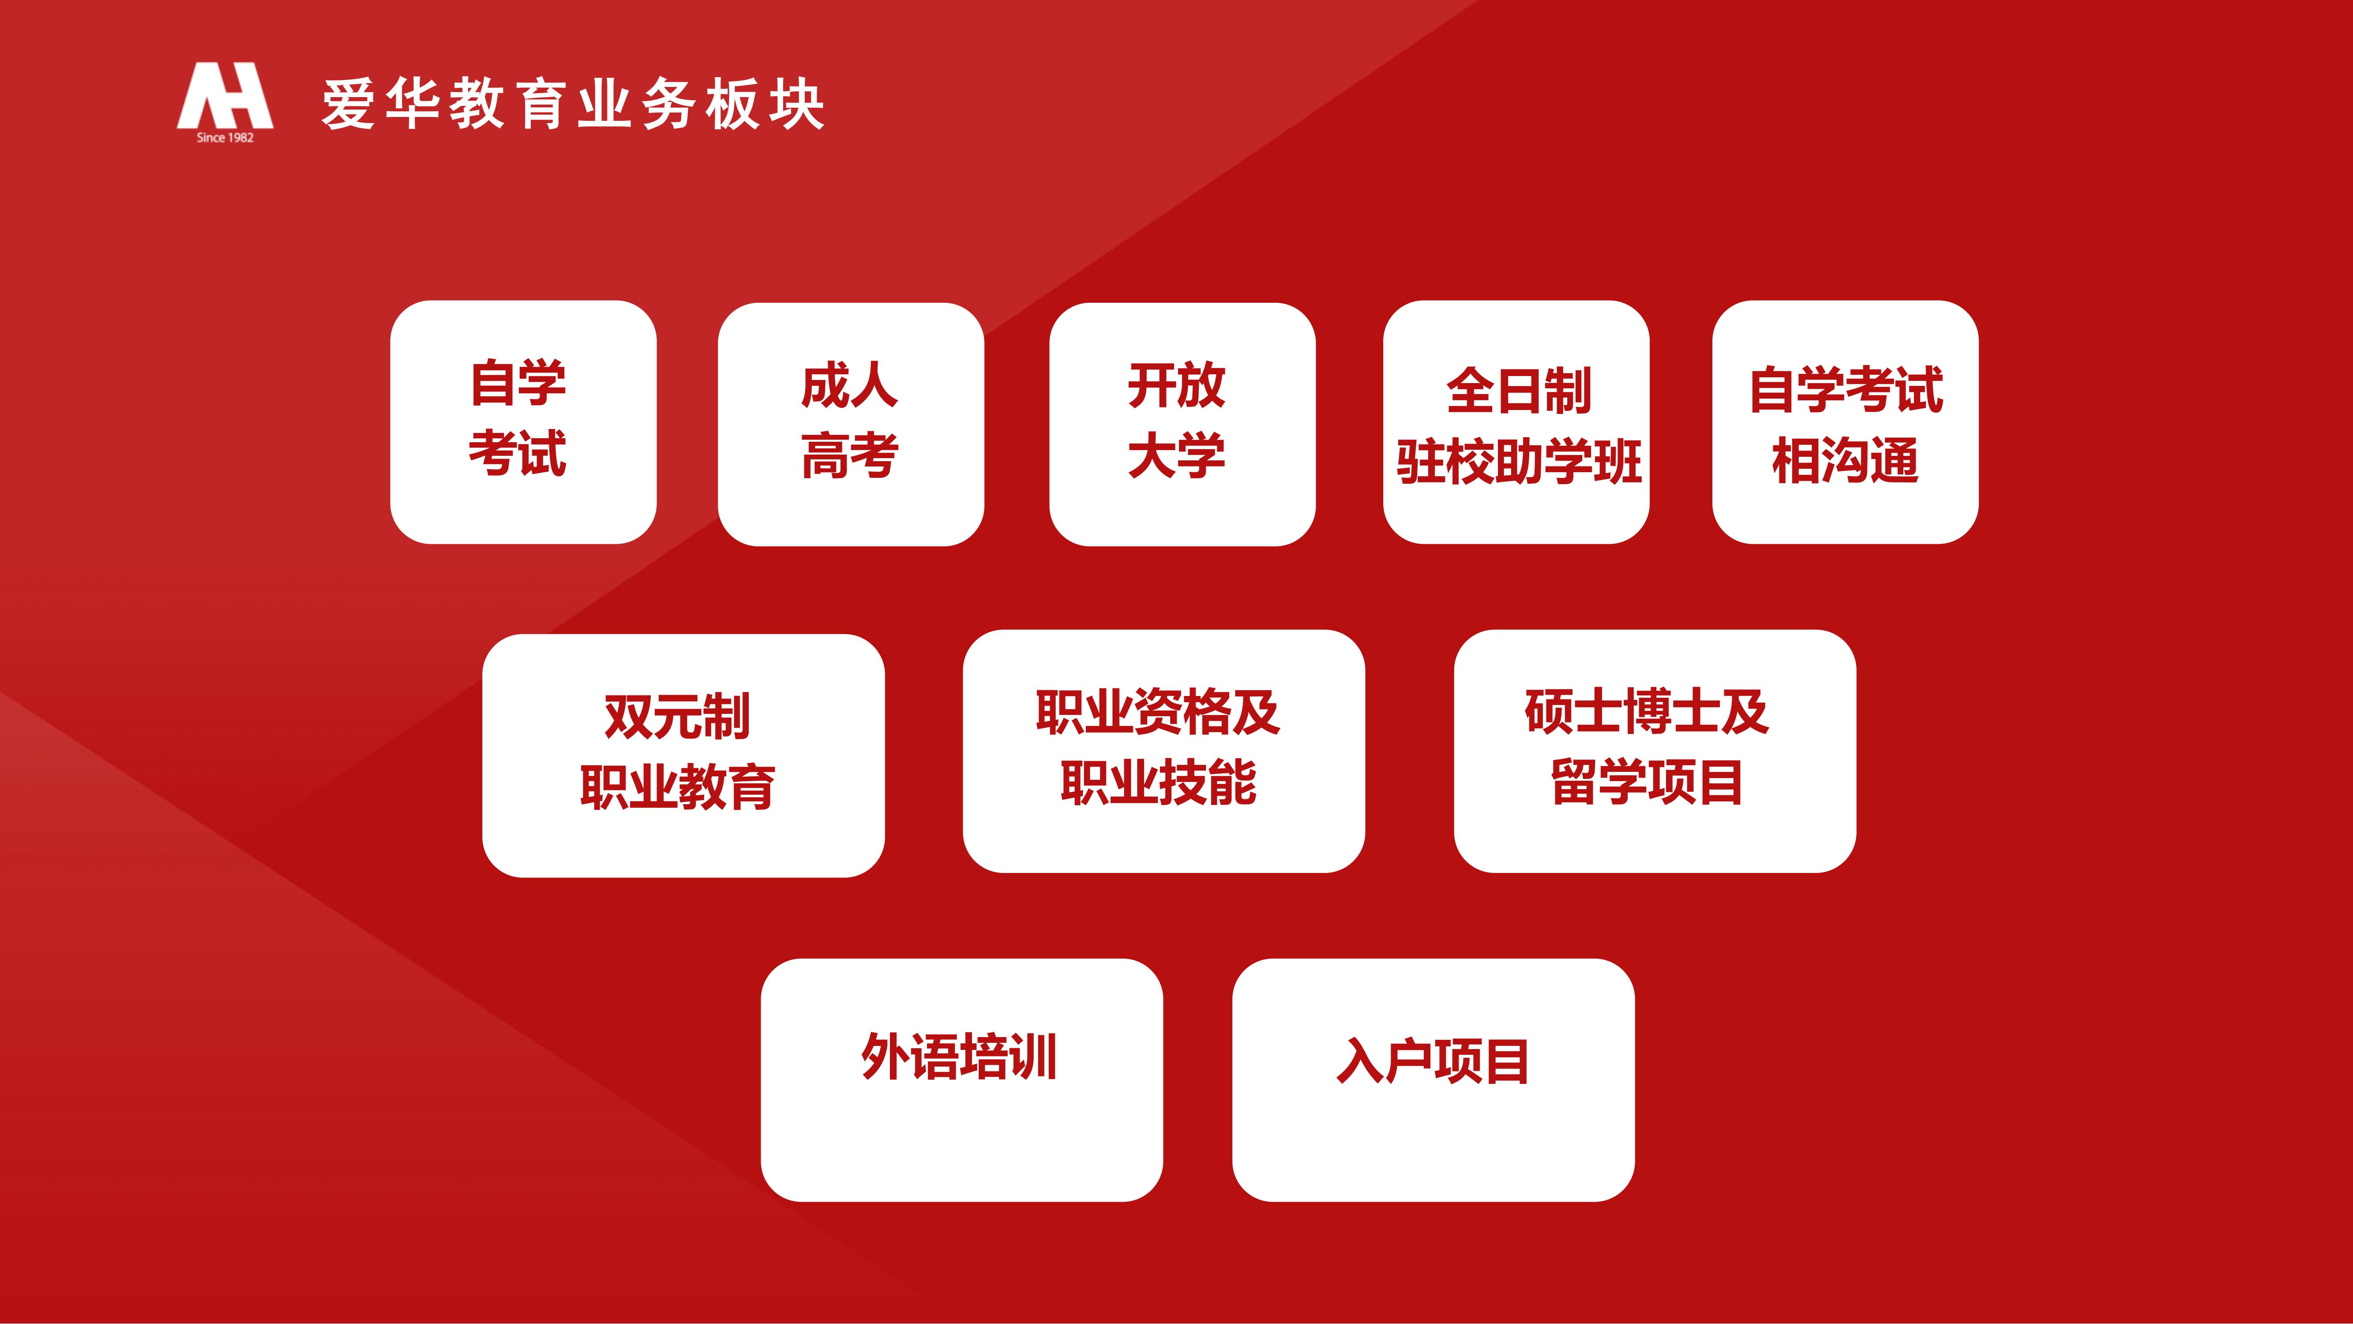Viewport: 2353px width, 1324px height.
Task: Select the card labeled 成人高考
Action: coord(850,424)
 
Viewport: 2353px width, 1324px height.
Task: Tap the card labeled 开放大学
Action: coord(1182,424)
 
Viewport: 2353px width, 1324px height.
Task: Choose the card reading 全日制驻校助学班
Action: coord(1516,422)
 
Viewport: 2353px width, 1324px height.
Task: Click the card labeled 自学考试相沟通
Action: coord(1845,422)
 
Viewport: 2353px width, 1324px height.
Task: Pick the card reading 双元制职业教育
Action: coord(683,756)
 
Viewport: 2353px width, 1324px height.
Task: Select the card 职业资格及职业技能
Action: coord(1164,751)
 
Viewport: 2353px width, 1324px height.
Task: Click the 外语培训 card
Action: coord(962,1080)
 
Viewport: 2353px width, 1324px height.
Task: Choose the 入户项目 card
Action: coord(1433,1080)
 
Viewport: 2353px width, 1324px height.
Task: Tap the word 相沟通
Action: coord(1845,459)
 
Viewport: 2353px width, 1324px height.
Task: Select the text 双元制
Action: coord(677,715)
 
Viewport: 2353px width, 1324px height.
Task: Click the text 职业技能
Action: coord(1158,782)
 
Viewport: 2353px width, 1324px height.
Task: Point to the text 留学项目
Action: coord(1647,782)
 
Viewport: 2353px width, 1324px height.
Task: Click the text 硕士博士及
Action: coord(1647,712)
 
